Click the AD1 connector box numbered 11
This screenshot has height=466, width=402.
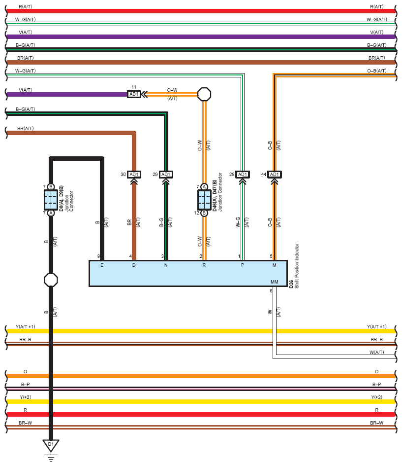pyautogui.click(x=134, y=94)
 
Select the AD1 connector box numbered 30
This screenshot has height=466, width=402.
pyautogui.click(x=134, y=175)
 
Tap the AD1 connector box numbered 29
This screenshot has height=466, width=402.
pyautogui.click(x=166, y=175)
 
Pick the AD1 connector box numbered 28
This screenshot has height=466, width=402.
pyautogui.click(x=243, y=175)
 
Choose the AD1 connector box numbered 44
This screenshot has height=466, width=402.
pyautogui.click(x=275, y=175)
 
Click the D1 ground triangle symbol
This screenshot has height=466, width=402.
pyautogui.click(x=51, y=445)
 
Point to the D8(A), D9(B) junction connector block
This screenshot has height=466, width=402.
pyautogui.click(x=51, y=200)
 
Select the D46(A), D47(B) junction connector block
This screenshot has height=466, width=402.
pyautogui.click(x=204, y=200)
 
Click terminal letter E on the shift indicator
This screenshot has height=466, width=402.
pyautogui.click(x=102, y=265)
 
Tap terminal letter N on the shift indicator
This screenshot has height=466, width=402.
pyautogui.click(x=166, y=265)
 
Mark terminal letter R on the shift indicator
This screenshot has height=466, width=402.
pyautogui.click(x=204, y=265)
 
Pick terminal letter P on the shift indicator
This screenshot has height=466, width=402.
pyautogui.click(x=243, y=265)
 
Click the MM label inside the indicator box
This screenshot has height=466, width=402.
pyautogui.click(x=275, y=282)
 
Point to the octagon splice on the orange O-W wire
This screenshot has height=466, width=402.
pyautogui.click(x=204, y=94)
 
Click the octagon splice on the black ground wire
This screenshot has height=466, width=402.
pyautogui.click(x=51, y=280)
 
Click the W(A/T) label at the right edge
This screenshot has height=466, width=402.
pyautogui.click(x=377, y=353)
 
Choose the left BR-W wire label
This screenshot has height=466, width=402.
pyautogui.click(x=25, y=423)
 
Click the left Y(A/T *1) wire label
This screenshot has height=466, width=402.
pyautogui.click(x=25, y=327)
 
